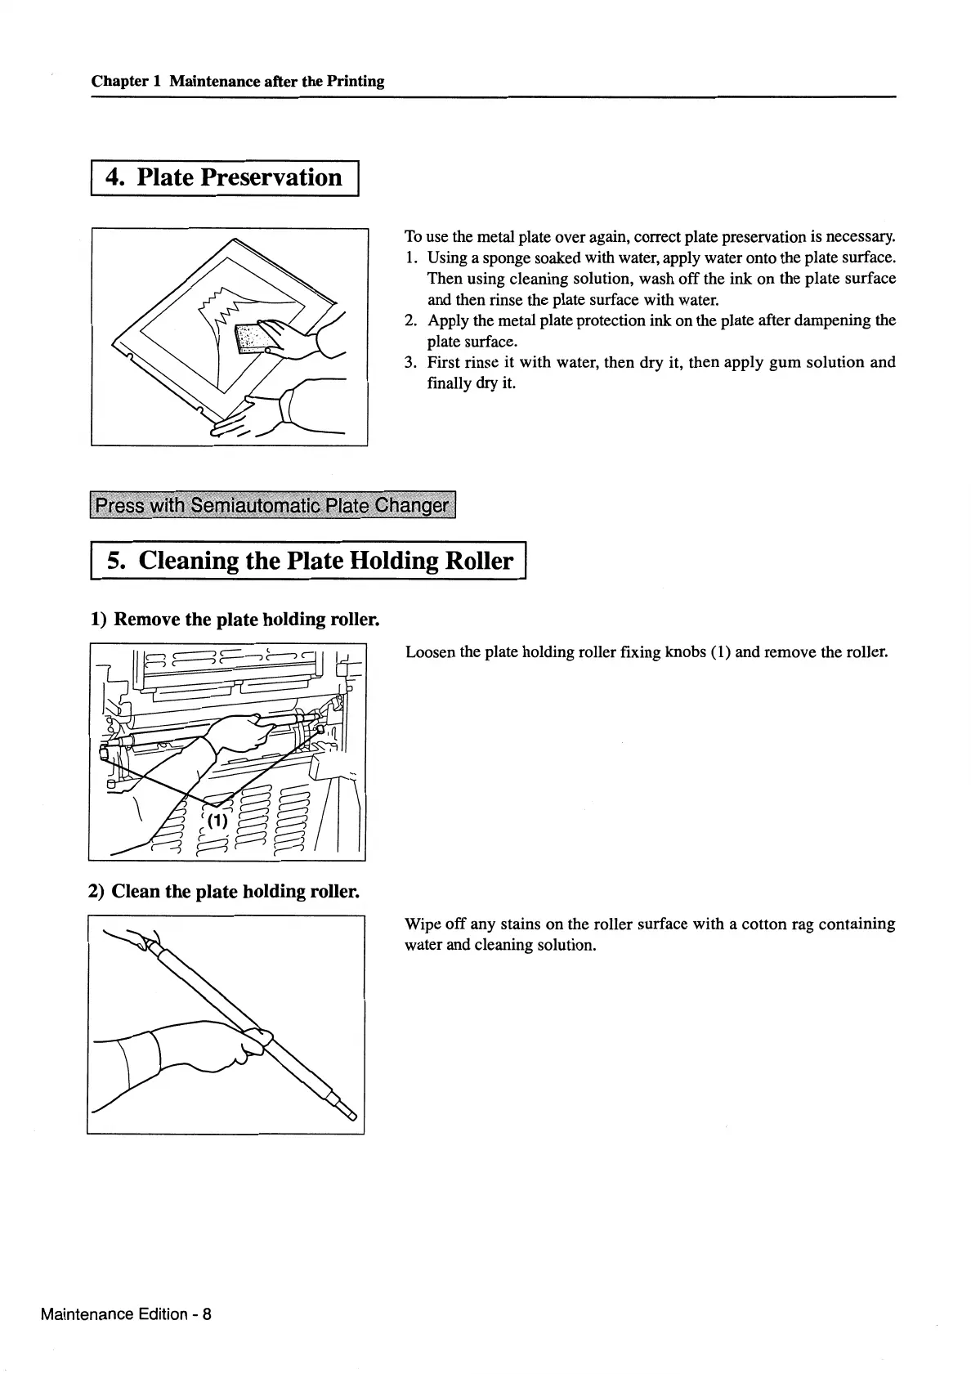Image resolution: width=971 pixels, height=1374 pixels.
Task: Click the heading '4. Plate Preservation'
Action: [x=226, y=177]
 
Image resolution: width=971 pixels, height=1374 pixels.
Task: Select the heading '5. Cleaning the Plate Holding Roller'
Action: [x=310, y=561]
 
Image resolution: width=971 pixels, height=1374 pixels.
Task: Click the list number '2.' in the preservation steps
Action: [x=412, y=320]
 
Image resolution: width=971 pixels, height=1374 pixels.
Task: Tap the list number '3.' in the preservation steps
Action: [x=412, y=362]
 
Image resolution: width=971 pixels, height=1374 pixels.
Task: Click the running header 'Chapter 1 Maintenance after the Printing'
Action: [x=238, y=81]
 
